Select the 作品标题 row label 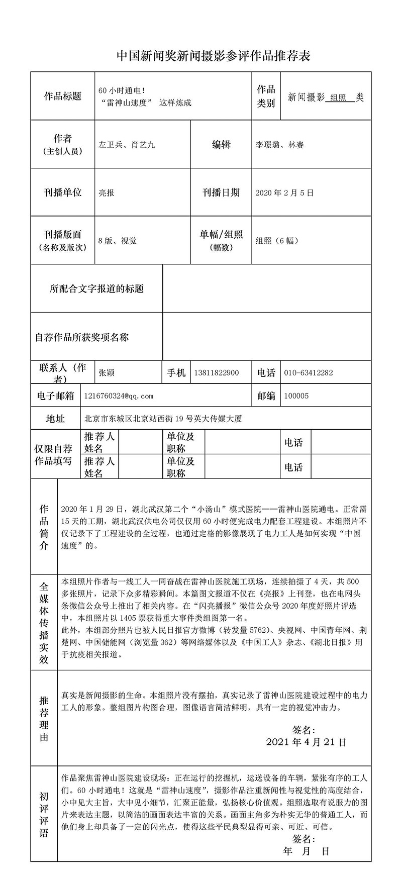(x=63, y=96)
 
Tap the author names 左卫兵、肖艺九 (x=127, y=145)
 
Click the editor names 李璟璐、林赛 (x=279, y=145)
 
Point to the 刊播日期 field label (x=221, y=192)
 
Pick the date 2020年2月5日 (x=284, y=192)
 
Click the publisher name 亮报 (x=106, y=192)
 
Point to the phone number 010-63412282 (x=308, y=373)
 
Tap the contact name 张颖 (x=107, y=373)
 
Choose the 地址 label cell (x=55, y=419)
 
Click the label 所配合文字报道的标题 (x=96, y=288)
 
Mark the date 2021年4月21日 (x=306, y=742)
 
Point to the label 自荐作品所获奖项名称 (x=82, y=337)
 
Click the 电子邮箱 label (x=55, y=396)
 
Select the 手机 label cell (x=176, y=373)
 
